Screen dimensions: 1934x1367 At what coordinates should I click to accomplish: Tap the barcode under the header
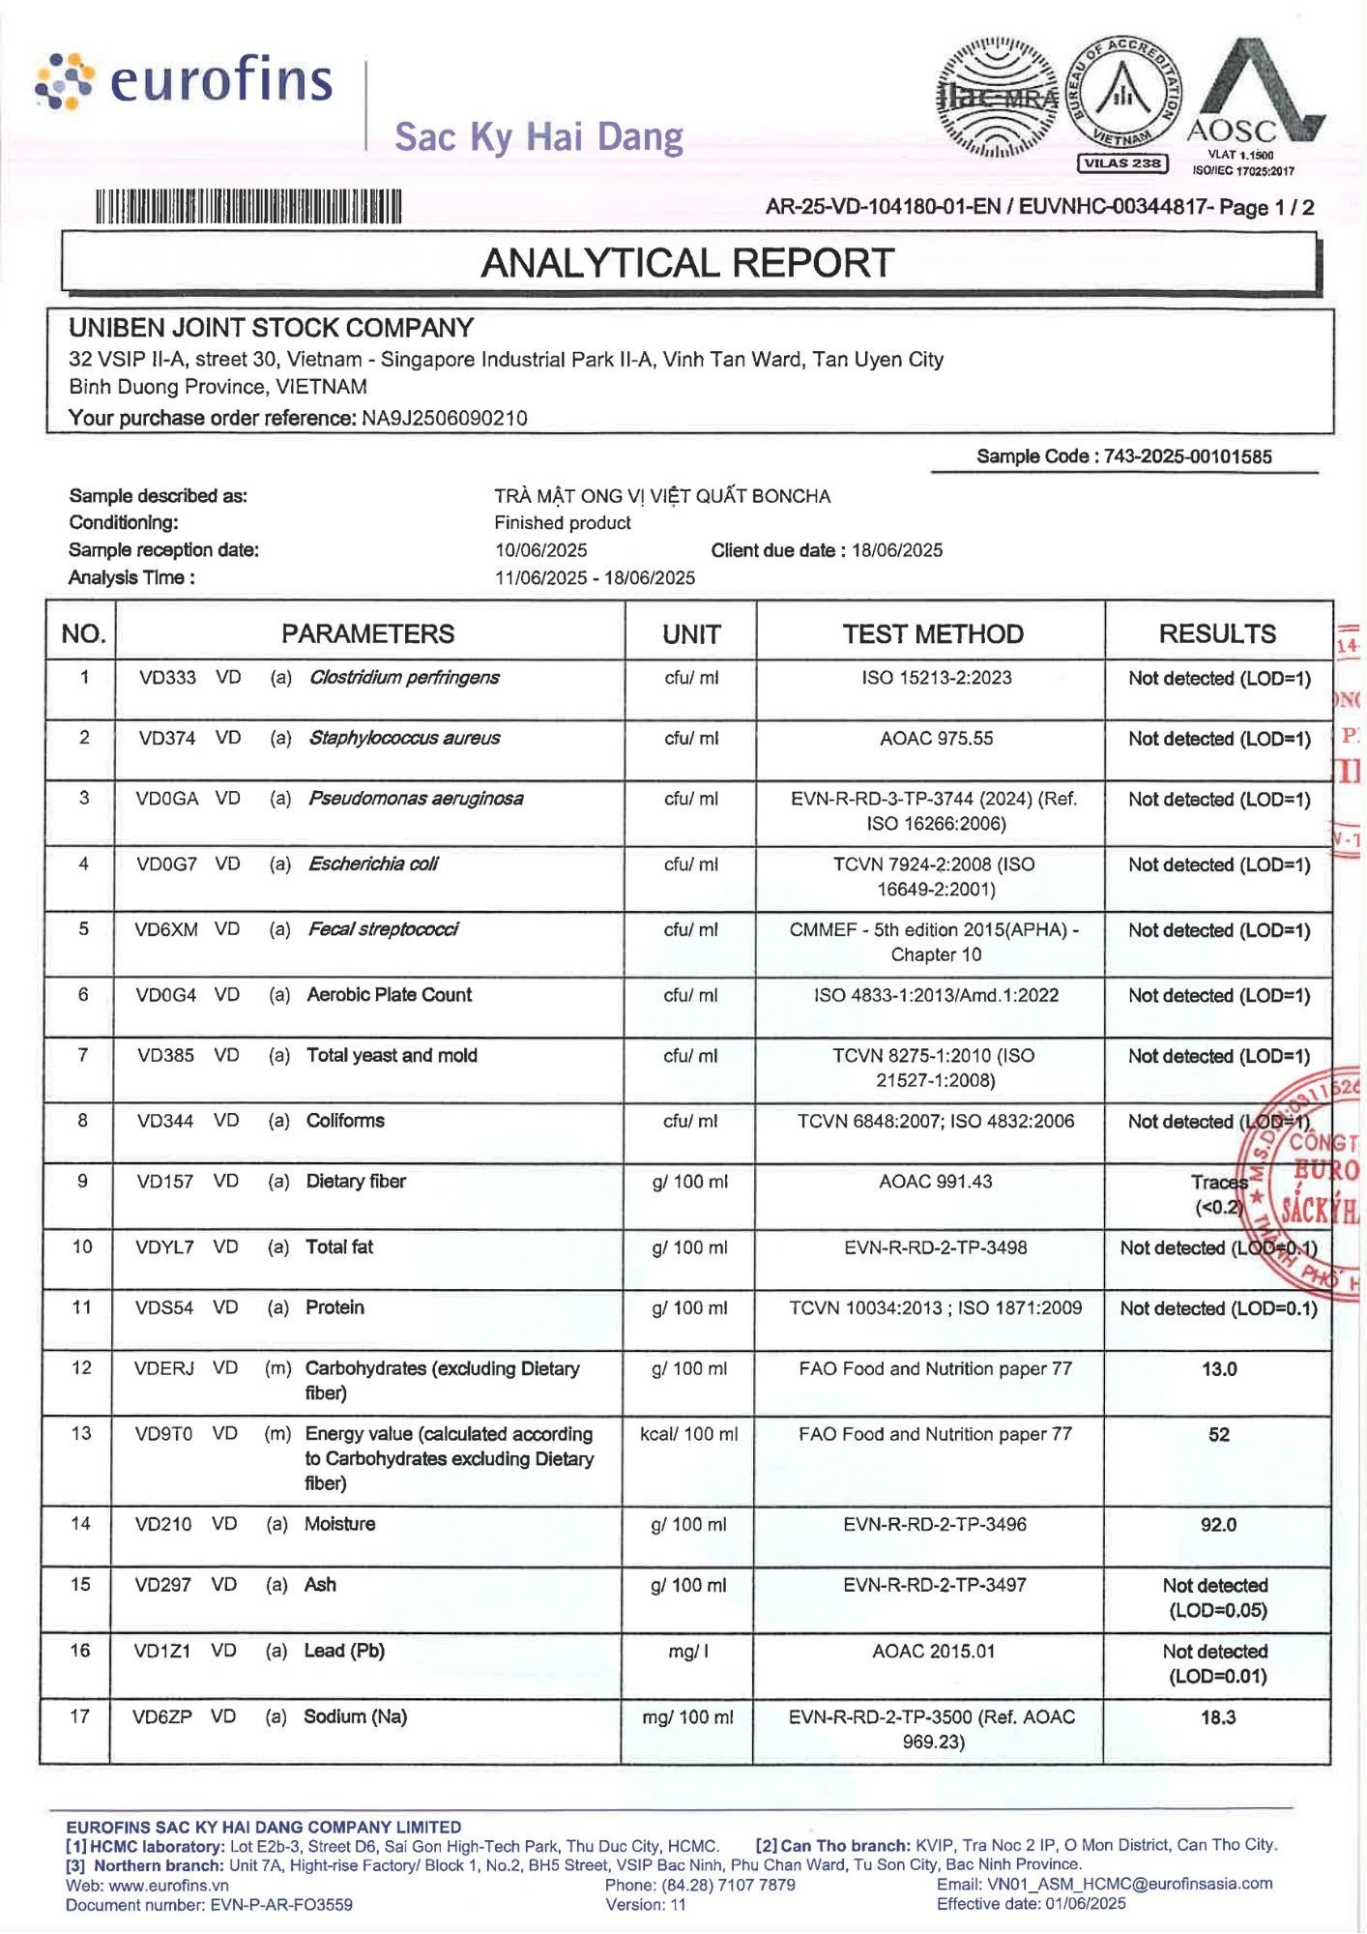(x=247, y=207)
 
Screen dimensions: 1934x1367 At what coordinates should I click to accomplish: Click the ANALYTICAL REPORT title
(x=687, y=263)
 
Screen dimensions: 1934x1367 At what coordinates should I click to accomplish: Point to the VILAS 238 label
(x=1122, y=163)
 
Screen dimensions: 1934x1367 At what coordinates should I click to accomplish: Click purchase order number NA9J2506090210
(x=445, y=418)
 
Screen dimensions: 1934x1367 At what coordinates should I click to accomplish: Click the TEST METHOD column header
(x=932, y=634)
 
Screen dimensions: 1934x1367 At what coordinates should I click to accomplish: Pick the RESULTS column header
(x=1217, y=634)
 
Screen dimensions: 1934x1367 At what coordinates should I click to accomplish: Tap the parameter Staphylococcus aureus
(x=404, y=739)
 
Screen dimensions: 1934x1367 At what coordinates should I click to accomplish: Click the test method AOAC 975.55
(x=936, y=739)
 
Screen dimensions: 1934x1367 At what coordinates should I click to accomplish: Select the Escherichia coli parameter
(x=373, y=864)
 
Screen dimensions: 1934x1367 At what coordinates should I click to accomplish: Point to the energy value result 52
(x=1219, y=1435)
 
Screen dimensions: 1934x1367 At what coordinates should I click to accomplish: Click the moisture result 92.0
(x=1218, y=1525)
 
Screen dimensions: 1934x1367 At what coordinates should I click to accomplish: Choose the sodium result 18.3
(x=1218, y=1717)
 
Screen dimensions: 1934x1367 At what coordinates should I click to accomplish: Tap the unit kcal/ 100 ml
(x=688, y=1434)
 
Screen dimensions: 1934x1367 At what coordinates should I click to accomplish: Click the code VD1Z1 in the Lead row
(x=162, y=1651)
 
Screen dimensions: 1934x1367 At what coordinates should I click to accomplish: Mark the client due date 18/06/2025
(x=897, y=550)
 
